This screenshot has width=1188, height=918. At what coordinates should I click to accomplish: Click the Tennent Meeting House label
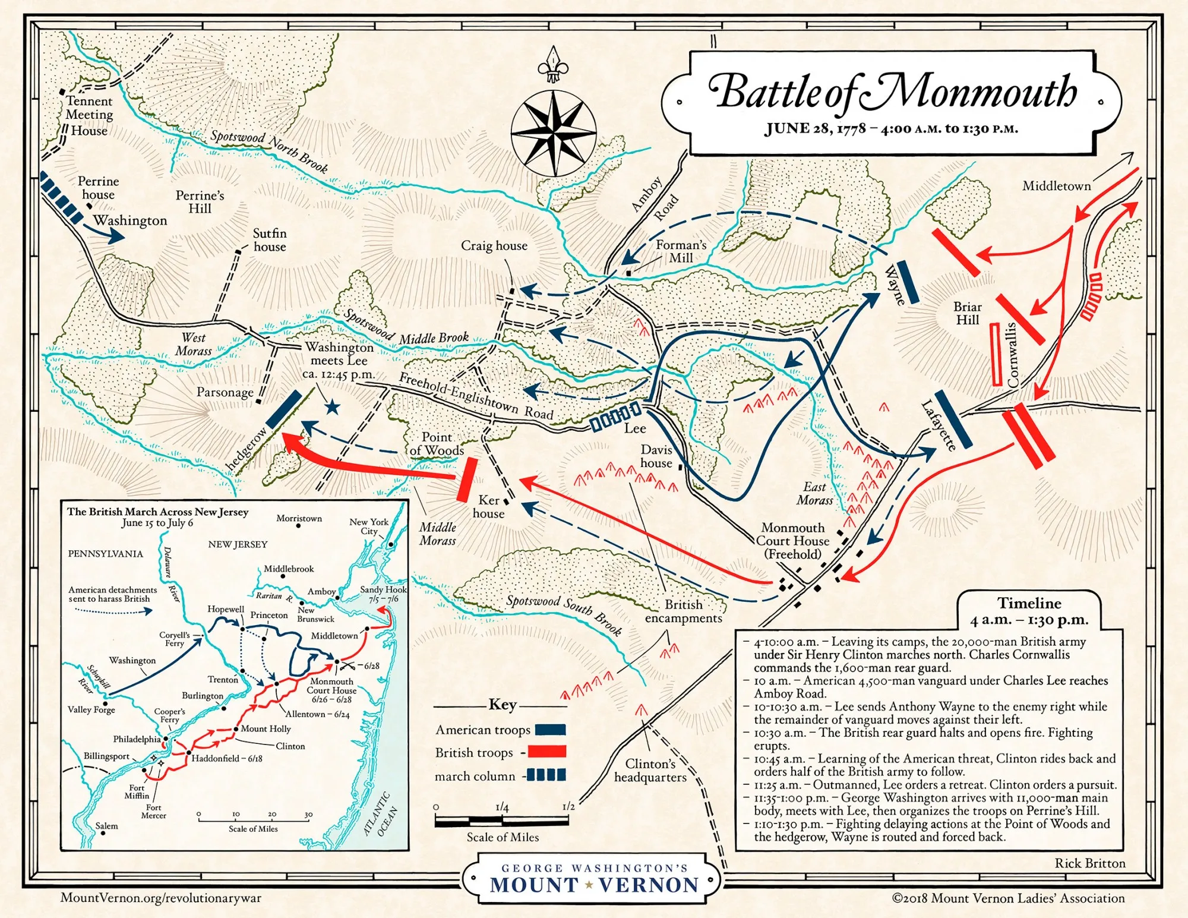point(89,116)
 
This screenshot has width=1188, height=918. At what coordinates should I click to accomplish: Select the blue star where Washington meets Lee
point(332,407)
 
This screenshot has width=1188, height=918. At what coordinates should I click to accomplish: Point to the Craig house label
point(494,246)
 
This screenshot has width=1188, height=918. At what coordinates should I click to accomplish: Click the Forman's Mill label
point(681,251)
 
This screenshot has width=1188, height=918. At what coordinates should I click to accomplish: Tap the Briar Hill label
point(967,313)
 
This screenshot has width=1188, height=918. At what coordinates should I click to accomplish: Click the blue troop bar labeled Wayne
point(907,282)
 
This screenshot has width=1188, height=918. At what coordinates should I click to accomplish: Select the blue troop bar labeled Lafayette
point(953,419)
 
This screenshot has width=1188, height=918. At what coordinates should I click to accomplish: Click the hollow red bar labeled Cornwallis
point(997,355)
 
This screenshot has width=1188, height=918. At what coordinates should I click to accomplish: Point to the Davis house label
point(656,456)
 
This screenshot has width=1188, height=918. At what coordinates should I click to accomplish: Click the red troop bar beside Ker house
point(467,479)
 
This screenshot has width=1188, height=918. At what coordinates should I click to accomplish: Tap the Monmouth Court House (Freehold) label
point(792,541)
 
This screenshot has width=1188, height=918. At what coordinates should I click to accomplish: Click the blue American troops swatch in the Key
point(550,730)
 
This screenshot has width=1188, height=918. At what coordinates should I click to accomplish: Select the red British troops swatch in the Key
point(546,752)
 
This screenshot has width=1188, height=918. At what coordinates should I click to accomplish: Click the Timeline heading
point(1029,604)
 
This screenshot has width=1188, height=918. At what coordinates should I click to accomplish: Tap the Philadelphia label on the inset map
point(137,739)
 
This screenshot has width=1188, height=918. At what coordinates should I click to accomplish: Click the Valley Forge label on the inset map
point(91,709)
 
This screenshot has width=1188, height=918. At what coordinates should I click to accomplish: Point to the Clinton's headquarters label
point(650,771)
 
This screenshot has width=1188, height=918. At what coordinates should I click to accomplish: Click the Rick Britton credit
point(1089,863)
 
